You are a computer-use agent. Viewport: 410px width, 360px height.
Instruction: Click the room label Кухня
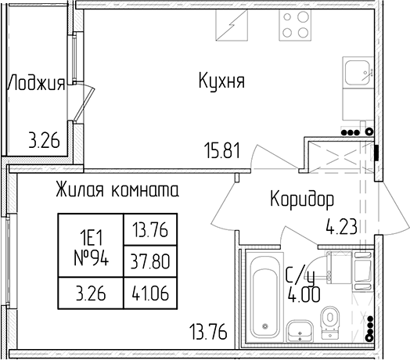coord(221,81)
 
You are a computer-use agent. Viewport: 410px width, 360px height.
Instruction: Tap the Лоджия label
coord(36,83)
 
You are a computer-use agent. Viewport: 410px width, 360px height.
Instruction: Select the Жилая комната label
coord(117,189)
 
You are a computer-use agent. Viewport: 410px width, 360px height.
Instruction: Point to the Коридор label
coord(302,200)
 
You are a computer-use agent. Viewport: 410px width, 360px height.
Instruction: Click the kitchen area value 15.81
coord(223,151)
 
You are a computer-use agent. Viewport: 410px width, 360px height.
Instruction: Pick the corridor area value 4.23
coord(341,227)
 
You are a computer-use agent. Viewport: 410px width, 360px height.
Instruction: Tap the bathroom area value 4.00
coord(304,294)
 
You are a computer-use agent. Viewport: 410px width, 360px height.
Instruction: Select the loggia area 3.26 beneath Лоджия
coord(44,141)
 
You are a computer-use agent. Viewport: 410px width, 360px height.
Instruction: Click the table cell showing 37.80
coord(150,261)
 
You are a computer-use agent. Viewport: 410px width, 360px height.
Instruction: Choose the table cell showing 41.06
coord(150,293)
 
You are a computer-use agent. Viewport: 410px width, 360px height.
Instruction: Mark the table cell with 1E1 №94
coord(91,246)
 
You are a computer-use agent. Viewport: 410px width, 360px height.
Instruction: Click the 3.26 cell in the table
coord(91,293)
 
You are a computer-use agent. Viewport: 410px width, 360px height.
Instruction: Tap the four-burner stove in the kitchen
coord(296,25)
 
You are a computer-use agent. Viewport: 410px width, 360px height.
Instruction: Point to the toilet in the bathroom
coord(330,323)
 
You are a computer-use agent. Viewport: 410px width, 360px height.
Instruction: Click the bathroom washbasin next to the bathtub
coord(300,331)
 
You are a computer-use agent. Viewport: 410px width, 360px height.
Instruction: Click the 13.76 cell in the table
coord(150,230)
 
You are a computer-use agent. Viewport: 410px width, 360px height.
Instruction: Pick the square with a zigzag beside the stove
coord(232,25)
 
